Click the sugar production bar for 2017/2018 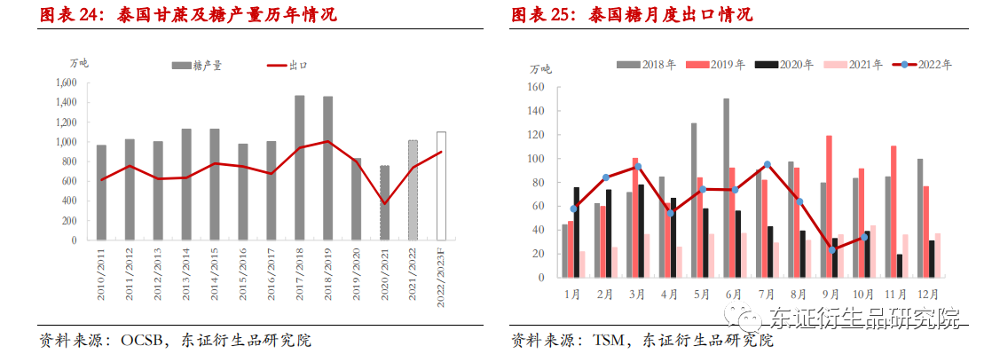tap(300, 168)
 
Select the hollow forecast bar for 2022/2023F tap(441, 186)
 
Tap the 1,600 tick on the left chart tap(66, 83)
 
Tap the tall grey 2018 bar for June tap(726, 188)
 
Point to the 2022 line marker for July tap(766, 165)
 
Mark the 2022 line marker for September tap(831, 249)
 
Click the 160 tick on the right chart tap(535, 88)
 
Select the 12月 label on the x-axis tap(928, 293)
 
